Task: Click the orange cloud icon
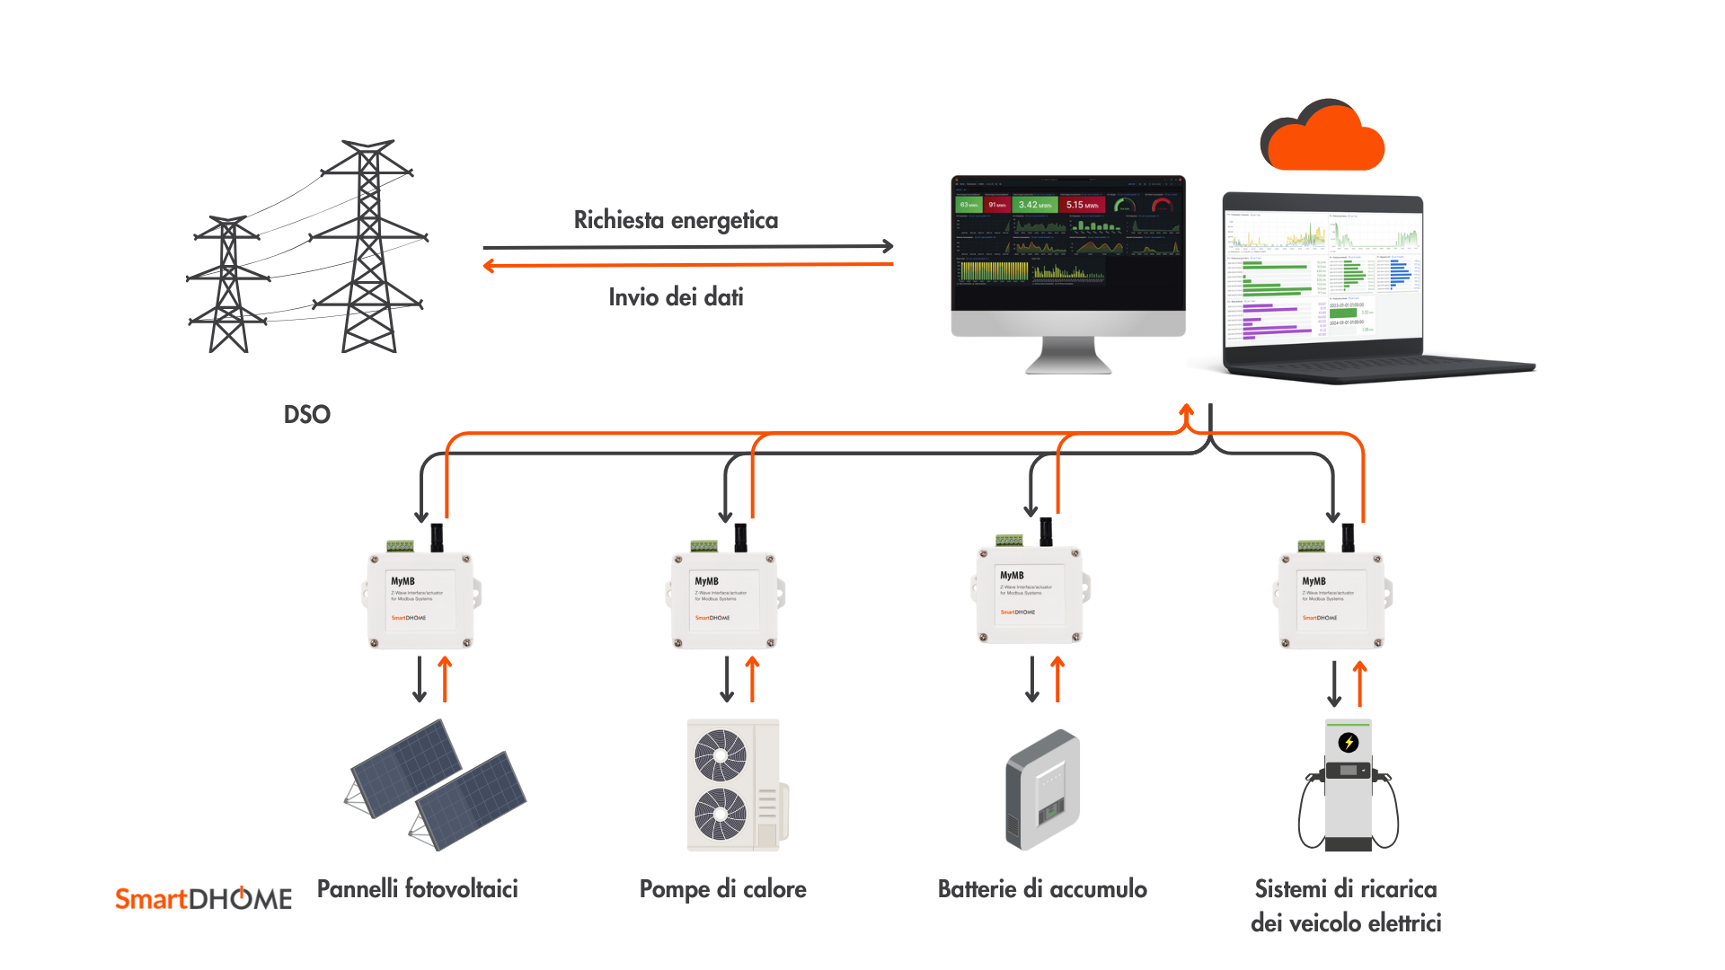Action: click(1322, 137)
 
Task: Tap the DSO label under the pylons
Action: click(307, 414)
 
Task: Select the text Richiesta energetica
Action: click(676, 220)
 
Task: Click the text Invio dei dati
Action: click(676, 297)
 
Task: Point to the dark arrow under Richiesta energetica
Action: click(687, 246)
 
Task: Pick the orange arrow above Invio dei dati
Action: click(687, 265)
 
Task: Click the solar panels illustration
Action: click(437, 784)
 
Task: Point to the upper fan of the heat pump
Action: click(721, 754)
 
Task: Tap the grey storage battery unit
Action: click(1042, 789)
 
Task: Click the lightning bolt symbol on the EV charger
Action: click(1349, 743)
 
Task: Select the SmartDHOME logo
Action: click(203, 898)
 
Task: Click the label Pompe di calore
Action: click(722, 889)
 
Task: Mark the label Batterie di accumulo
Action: click(1042, 889)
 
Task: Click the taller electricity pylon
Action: click(368, 247)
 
